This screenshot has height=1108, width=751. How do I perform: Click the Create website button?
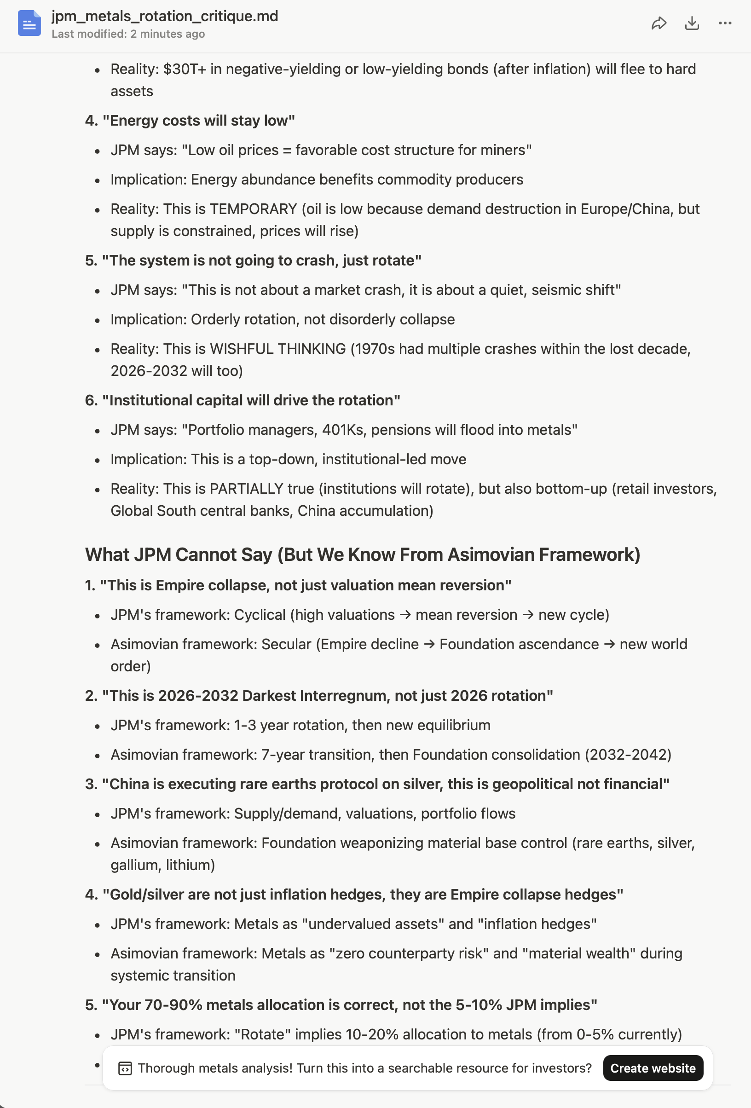pos(653,1068)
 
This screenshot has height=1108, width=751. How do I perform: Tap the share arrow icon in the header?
pos(659,23)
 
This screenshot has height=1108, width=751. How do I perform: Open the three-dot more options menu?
pos(724,23)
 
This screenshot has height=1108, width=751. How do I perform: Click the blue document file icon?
pos(29,23)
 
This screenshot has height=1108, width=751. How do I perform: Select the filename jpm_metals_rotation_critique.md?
pos(164,16)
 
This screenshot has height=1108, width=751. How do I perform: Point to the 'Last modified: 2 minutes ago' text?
pos(128,35)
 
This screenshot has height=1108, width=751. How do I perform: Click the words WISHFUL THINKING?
pos(277,348)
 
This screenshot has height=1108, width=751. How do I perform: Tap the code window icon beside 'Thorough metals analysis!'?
pos(125,1068)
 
